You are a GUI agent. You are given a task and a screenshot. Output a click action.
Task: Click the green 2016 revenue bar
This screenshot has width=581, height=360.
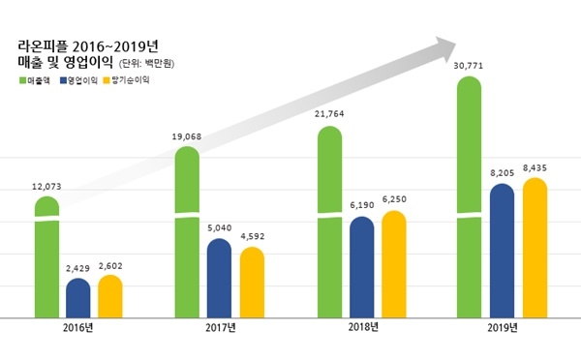coord(46,257)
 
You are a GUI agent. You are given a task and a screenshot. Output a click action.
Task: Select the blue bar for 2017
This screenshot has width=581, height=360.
coord(220,278)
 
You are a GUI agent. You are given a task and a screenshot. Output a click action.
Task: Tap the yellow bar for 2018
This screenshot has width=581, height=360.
coord(394,264)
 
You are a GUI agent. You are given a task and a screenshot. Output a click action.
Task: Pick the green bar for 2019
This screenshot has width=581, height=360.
coord(469,198)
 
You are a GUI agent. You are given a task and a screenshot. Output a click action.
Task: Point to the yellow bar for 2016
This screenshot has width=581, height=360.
coord(110,296)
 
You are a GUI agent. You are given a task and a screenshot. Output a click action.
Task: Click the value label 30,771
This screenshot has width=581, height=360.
coord(470,65)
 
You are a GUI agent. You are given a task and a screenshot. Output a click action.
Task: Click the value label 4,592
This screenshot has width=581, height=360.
coord(252,235)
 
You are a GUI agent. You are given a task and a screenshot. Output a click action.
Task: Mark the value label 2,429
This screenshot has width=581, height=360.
coord(78,267)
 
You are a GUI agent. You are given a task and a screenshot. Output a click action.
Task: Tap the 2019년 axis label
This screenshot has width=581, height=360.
coord(503,328)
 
